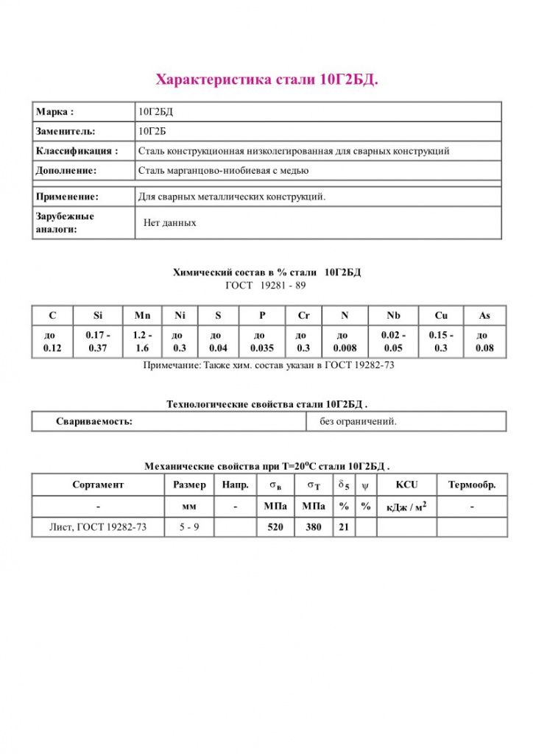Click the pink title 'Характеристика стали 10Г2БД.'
tap(266, 80)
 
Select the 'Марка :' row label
tap(54, 112)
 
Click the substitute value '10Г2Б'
tap(153, 131)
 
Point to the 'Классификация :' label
tap(77, 151)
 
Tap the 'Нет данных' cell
tap(169, 222)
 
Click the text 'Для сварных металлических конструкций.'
tap(232, 197)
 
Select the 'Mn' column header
tap(142, 316)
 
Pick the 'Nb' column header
tap(394, 316)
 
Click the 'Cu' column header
tap(441, 316)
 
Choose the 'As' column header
tap(484, 316)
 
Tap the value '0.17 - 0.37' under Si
tap(98, 342)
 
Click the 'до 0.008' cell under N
tap(345, 342)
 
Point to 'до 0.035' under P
tap(262, 342)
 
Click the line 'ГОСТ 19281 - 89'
tap(266, 285)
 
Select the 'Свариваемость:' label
tap(94, 422)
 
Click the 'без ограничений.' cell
tap(358, 422)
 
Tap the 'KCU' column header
tap(406, 485)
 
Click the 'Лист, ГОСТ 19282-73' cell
tap(97, 527)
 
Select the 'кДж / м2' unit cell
tap(406, 507)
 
